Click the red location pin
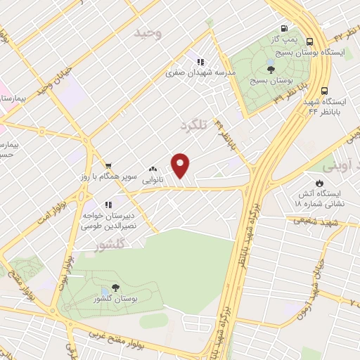tap(181, 165)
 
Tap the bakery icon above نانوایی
tap(153, 169)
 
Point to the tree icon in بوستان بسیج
tap(271, 68)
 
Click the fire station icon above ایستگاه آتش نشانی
tap(321, 181)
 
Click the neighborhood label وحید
tap(150, 34)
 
